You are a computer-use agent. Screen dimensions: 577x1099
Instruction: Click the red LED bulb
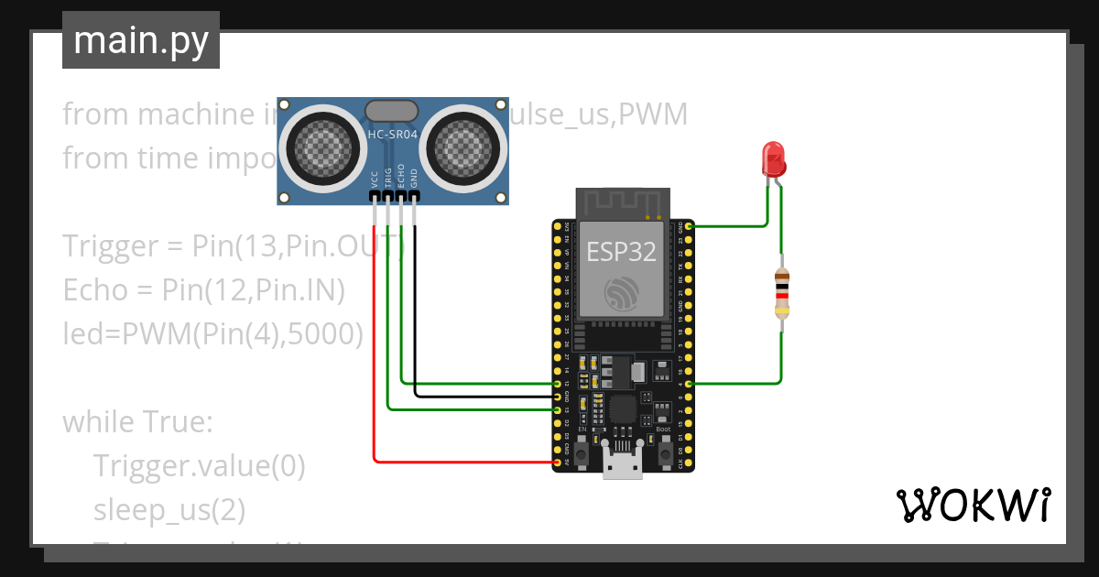click(x=774, y=158)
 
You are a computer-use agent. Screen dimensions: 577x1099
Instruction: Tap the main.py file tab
click(x=141, y=40)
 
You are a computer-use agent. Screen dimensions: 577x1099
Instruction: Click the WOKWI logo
click(x=972, y=505)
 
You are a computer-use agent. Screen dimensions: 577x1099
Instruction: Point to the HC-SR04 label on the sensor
click(x=393, y=135)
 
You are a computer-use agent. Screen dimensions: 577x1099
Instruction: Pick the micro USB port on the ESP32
click(x=623, y=465)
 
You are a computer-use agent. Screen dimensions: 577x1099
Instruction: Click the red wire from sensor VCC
click(x=374, y=366)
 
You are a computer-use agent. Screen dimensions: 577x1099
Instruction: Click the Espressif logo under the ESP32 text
click(x=623, y=293)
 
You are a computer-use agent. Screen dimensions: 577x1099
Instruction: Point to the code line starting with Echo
click(x=203, y=290)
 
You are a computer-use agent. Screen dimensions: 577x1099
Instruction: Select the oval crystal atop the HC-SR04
click(x=393, y=111)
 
